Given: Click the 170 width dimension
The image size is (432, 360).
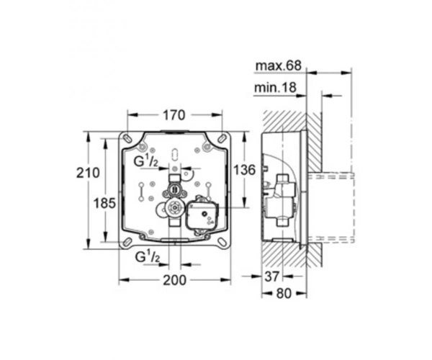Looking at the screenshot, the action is [174, 115].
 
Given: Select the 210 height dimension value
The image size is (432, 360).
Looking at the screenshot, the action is [88, 173].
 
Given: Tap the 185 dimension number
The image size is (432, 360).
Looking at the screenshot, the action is [104, 204].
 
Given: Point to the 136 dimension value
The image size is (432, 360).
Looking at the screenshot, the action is [244, 170].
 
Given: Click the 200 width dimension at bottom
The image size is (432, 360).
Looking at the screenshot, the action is [175, 280].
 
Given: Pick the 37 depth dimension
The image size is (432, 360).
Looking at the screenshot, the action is [272, 276].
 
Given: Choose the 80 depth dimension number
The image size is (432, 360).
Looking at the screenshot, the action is [284, 294].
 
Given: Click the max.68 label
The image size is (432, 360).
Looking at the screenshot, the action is [279, 66].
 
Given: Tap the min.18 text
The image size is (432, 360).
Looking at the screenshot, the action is [275, 88].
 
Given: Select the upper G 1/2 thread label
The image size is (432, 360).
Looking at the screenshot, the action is [145, 161].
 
